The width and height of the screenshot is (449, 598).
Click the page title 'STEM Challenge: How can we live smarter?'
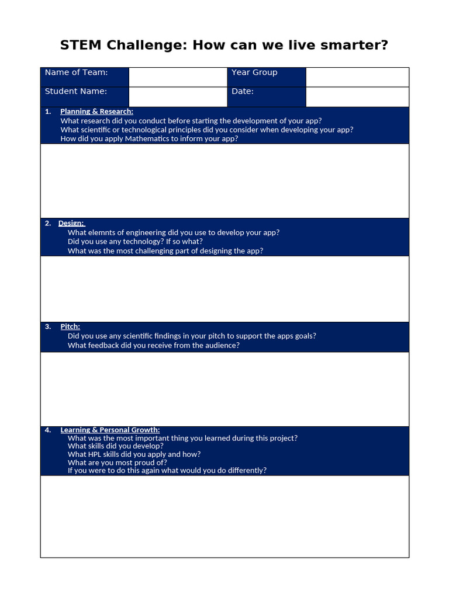(x=224, y=45)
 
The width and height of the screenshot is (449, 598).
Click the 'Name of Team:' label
(x=77, y=72)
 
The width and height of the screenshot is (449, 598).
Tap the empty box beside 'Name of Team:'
(x=178, y=77)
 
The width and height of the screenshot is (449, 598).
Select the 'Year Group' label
(x=254, y=72)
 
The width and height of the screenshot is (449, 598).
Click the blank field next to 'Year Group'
(x=357, y=77)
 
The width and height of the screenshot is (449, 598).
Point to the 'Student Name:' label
(x=76, y=91)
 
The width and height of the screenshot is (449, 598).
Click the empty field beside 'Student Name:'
(x=178, y=96)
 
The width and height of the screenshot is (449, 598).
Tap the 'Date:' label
(x=243, y=91)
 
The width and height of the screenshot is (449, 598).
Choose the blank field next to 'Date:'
(x=357, y=96)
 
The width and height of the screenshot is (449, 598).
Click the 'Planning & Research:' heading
(x=96, y=112)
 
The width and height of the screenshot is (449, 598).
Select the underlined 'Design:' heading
(x=71, y=223)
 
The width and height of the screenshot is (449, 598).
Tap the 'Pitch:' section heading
(x=70, y=326)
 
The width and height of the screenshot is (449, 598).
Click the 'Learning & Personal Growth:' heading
(x=110, y=430)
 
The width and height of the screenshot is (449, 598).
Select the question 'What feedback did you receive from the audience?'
(x=154, y=345)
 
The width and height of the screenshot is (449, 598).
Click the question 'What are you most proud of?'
(x=117, y=463)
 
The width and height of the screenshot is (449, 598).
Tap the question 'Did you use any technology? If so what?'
(x=135, y=241)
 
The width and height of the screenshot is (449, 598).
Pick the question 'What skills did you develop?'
(x=116, y=446)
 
